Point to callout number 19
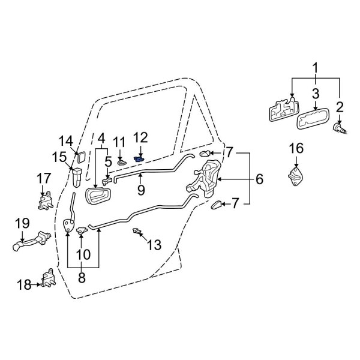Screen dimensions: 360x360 (x=22, y=223)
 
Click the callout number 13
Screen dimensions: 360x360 (x=154, y=245)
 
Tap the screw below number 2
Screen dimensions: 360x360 (x=339, y=127)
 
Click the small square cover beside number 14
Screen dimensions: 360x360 (x=77, y=158)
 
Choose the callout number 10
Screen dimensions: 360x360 (x=83, y=254)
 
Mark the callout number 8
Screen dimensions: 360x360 (x=83, y=277)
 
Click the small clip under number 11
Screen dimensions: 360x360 (x=121, y=160)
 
